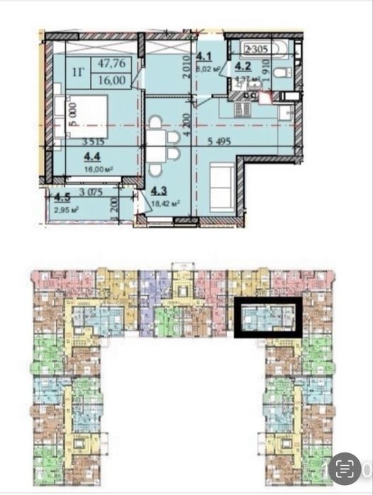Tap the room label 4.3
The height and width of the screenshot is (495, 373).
click(x=158, y=190)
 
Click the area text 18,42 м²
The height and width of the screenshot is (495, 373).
click(x=164, y=202)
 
